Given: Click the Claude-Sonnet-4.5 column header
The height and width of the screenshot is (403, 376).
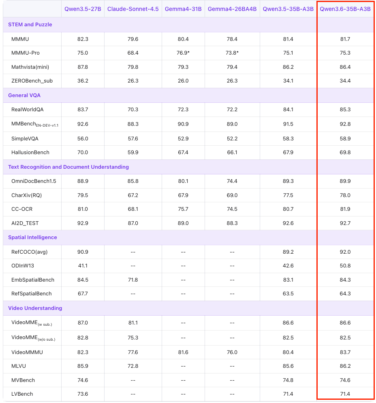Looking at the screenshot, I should (x=133, y=9).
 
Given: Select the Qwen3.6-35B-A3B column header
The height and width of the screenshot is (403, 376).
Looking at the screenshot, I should (x=345, y=9).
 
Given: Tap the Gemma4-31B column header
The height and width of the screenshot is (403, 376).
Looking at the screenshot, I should (x=183, y=9).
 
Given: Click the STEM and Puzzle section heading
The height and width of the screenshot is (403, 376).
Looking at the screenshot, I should (x=30, y=25).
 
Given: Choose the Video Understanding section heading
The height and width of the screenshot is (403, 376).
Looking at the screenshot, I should (x=35, y=308).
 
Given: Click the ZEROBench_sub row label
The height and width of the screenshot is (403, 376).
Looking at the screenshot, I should (x=32, y=81).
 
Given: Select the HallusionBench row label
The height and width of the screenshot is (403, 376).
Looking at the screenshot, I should (x=30, y=153).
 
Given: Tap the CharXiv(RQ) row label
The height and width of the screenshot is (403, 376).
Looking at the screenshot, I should (x=27, y=195).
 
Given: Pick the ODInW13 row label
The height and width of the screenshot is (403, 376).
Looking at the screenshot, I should (x=23, y=266).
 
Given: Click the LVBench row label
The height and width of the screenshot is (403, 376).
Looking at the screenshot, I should (x=22, y=394).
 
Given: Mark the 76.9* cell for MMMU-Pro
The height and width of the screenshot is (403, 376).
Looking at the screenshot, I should (x=183, y=53).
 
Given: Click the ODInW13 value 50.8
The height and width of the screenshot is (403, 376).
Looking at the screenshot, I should (x=345, y=266).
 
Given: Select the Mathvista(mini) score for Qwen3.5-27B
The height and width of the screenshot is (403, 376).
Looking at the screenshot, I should (x=83, y=67).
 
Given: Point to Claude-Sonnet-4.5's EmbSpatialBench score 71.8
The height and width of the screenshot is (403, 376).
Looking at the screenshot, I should (x=133, y=280).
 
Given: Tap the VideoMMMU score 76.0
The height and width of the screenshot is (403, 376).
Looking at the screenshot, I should (x=232, y=352).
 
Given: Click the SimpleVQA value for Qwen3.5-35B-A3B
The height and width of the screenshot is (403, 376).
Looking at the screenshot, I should (x=288, y=139).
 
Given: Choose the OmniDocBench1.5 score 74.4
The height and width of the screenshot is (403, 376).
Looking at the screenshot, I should (x=232, y=181).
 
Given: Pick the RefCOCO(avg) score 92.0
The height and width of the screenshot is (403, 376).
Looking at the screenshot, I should (x=345, y=252).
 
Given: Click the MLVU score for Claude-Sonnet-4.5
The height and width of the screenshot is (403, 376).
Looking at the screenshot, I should (x=133, y=366).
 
